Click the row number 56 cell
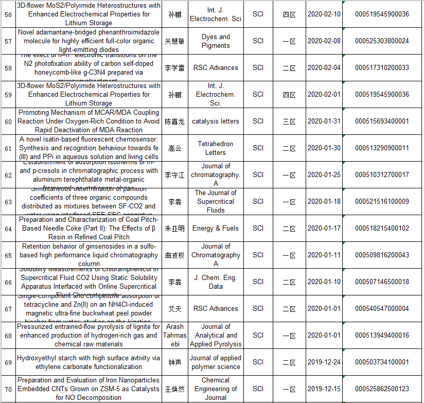[8, 14]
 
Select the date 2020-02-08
[324, 41]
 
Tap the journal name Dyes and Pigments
[216, 41]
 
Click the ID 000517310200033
[382, 68]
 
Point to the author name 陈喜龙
[175, 121]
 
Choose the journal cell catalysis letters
[216, 121]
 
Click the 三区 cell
[289, 121]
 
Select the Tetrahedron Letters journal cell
[216, 148]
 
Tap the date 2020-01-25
[324, 175]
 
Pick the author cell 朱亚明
[175, 229]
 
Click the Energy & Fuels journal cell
[216, 229]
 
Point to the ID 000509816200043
[382, 255]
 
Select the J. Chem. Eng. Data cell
[216, 282]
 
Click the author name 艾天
[175, 309]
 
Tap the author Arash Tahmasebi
[175, 336]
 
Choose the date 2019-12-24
[324, 362]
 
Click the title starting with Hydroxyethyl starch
[88, 362]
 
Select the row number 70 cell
[8, 389]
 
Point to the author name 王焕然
[175, 389]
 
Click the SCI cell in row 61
[258, 148]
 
